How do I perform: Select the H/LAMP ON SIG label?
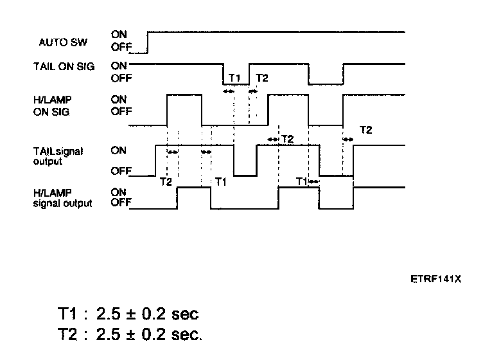pyautogui.click(x=55, y=105)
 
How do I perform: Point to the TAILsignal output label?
pyautogui.click(x=58, y=156)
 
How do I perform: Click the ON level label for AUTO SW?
pyautogui.click(x=119, y=34)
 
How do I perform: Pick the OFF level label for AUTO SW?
pyautogui.click(x=120, y=47)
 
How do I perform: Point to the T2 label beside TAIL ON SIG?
pyautogui.click(x=262, y=78)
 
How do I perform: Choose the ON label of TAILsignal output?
pyautogui.click(x=119, y=151)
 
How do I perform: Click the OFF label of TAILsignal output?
pyautogui.click(x=120, y=172)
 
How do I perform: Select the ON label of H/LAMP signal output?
pyautogui.click(x=119, y=192)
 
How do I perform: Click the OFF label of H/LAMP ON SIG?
pyautogui.click(x=120, y=111)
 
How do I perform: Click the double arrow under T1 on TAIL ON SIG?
pyautogui.click(x=229, y=92)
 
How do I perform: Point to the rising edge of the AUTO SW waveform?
pyautogui.click(x=148, y=41)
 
